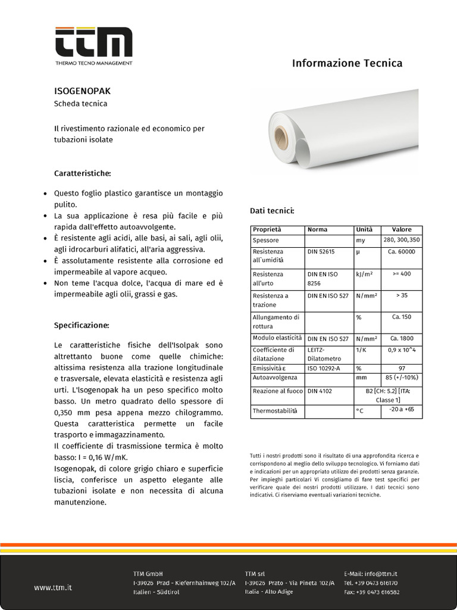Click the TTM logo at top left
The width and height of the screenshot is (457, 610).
pyautogui.click(x=93, y=45)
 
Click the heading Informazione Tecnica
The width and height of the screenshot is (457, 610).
pyautogui.click(x=347, y=63)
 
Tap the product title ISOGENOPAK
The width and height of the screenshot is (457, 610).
pyautogui.click(x=83, y=92)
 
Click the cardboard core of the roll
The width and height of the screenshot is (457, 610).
pyautogui.click(x=281, y=138)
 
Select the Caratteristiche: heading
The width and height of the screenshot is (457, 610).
pyautogui.click(x=83, y=173)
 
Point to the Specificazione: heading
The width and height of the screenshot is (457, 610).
pyautogui.click(x=82, y=326)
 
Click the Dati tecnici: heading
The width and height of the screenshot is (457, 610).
pyautogui.click(x=271, y=211)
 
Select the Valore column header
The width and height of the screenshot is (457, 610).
pyautogui.click(x=402, y=229)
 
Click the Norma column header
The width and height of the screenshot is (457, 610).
pyautogui.click(x=317, y=229)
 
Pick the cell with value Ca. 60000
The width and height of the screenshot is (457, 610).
pyautogui.click(x=402, y=251)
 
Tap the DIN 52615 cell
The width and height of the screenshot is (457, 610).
pyautogui.click(x=321, y=251)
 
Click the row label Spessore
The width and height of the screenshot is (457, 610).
pyautogui.click(x=265, y=240)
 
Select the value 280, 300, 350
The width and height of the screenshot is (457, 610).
pyautogui.click(x=402, y=240)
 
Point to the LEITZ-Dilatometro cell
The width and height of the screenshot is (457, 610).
pyautogui.click(x=324, y=354)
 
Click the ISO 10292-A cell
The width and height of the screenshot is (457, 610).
pyautogui.click(x=324, y=368)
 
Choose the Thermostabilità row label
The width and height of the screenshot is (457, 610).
pyautogui.click(x=274, y=410)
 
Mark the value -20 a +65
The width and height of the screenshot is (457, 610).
pyautogui.click(x=402, y=409)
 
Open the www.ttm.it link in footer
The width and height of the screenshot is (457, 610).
pyautogui.click(x=53, y=587)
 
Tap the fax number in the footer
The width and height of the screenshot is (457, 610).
pyautogui.click(x=372, y=592)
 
